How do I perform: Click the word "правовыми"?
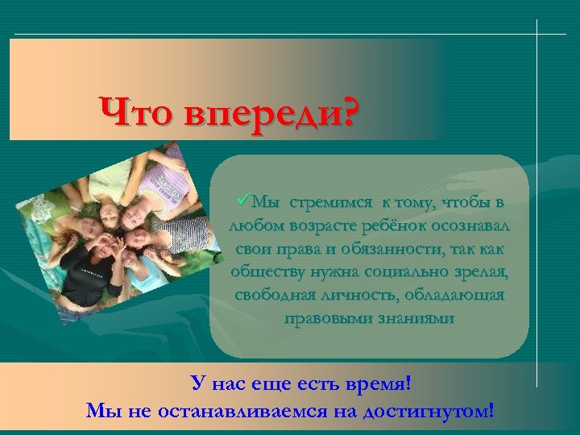click(321, 318)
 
